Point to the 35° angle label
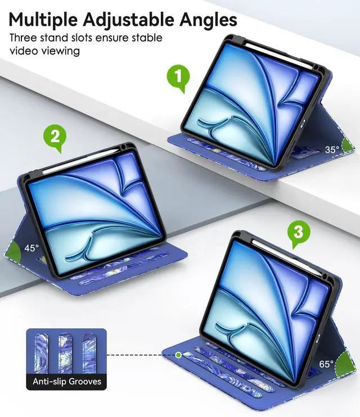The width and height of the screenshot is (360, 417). [332, 149]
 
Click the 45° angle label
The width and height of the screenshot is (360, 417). [32, 247]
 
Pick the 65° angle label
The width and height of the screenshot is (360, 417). [326, 364]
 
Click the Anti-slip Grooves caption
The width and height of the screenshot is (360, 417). [66, 382]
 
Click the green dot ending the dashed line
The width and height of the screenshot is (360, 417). [178, 355]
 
